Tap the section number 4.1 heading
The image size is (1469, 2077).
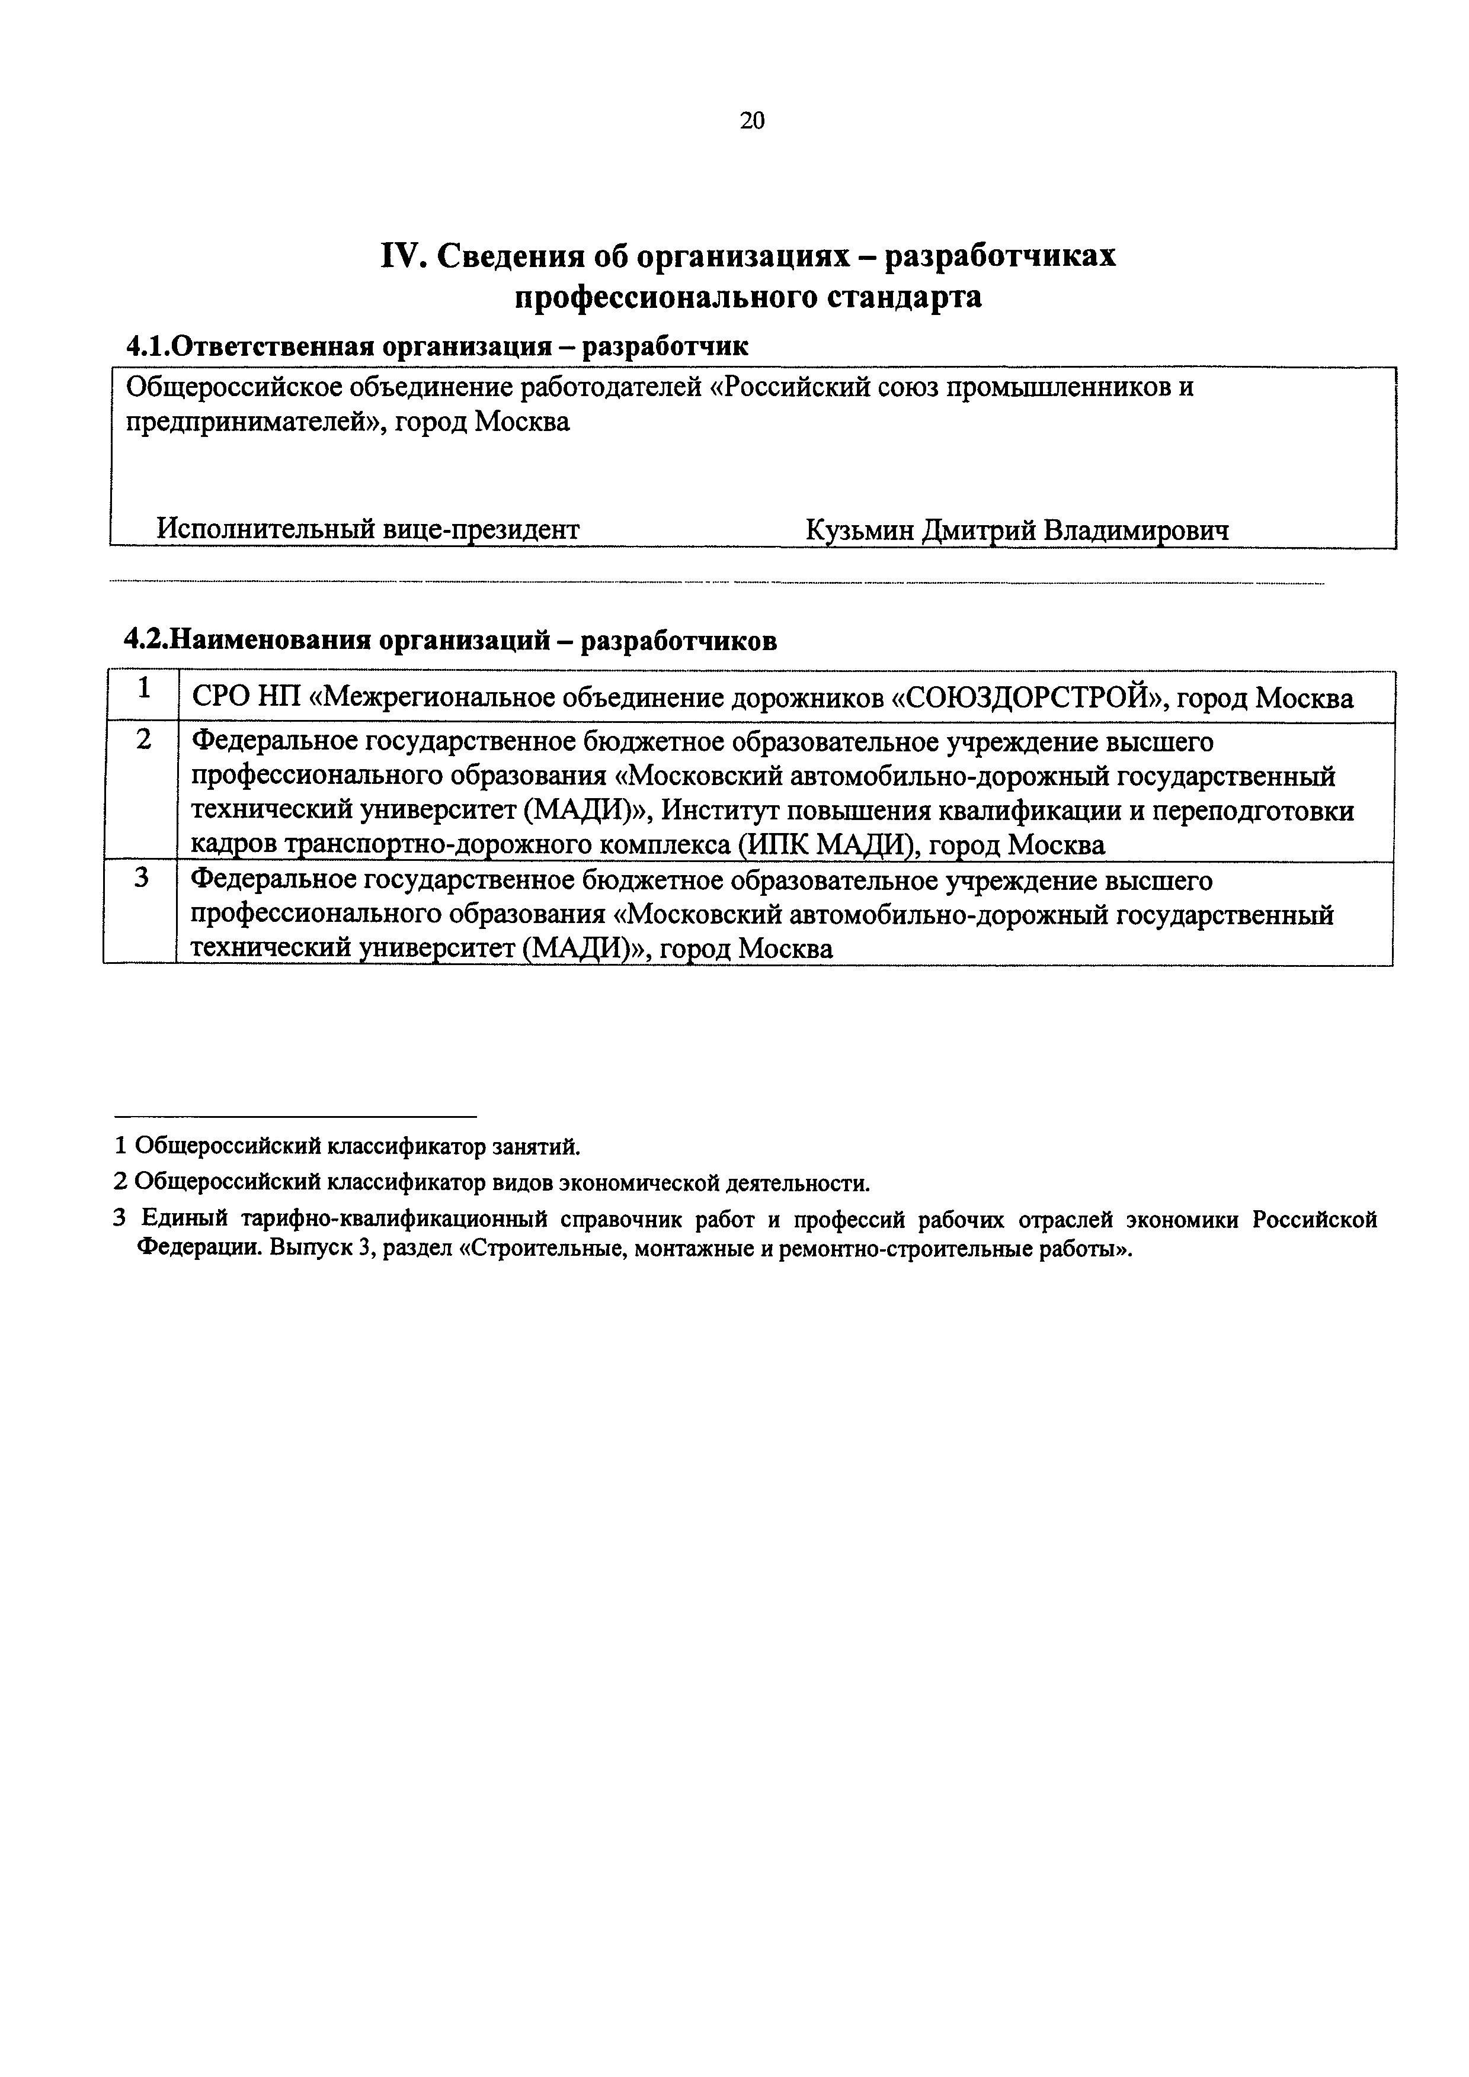coord(148,346)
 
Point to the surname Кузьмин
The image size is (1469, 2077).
coord(860,530)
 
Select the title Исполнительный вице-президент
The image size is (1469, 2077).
coord(367,528)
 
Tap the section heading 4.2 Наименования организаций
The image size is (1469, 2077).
coord(450,641)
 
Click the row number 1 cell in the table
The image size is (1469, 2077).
coord(143,689)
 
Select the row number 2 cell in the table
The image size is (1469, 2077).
coord(143,740)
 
